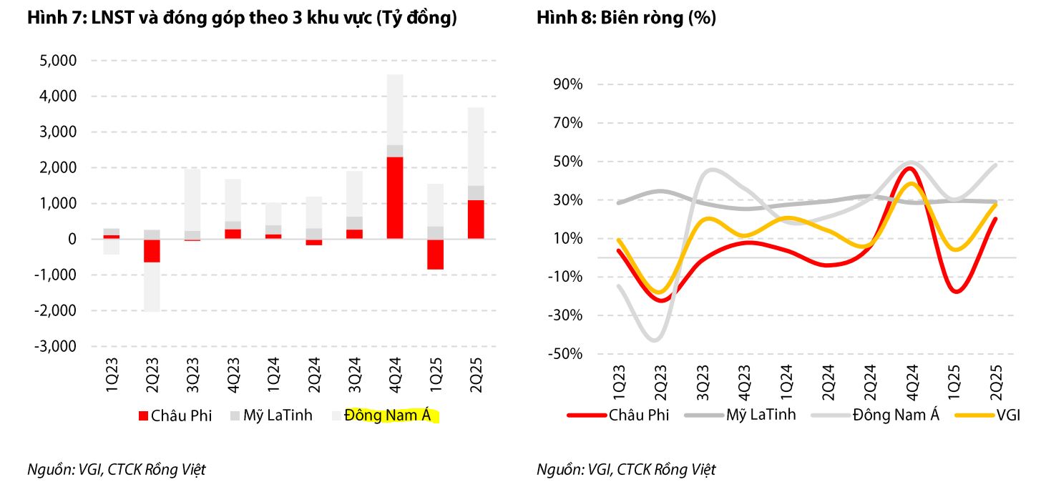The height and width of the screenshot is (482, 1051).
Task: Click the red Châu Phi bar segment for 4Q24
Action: (x=394, y=198)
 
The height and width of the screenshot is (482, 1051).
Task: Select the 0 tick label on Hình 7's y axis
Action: (x=72, y=240)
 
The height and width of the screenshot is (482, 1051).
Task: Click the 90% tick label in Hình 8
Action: (x=567, y=84)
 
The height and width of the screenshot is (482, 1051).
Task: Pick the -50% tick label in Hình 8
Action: (x=564, y=355)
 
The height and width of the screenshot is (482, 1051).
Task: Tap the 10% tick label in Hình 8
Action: (x=567, y=239)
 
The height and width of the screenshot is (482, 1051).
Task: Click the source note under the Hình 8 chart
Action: (x=626, y=470)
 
